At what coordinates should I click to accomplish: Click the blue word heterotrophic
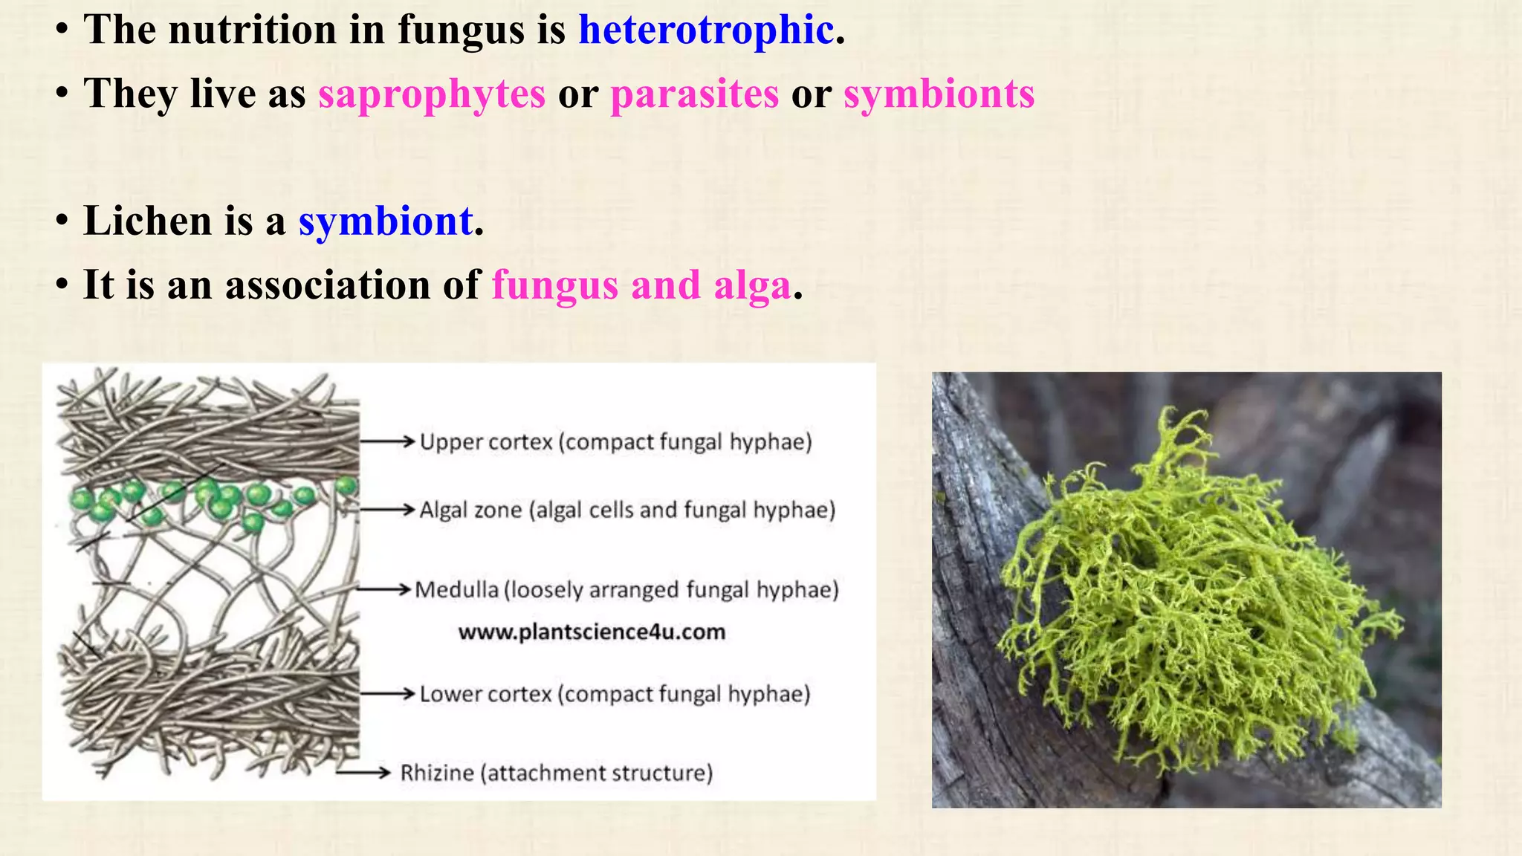706,31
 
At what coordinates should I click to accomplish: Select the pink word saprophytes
432,95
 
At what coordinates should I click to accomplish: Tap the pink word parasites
694,95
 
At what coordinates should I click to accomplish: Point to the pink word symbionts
939,95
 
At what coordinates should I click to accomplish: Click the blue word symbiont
386,221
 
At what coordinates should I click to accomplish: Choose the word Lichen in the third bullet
147,221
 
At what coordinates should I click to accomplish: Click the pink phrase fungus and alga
641,286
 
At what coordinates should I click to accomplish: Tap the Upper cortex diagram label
615,442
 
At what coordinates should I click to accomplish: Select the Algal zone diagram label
627,510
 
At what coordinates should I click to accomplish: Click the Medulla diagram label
626,590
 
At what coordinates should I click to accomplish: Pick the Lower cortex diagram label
615,694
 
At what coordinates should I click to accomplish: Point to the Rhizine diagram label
556,774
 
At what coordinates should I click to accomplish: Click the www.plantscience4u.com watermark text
592,632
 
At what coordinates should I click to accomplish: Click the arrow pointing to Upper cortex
387,441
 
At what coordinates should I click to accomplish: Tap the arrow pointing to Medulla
383,589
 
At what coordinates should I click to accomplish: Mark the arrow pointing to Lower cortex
387,693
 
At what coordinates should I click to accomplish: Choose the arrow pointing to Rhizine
363,773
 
